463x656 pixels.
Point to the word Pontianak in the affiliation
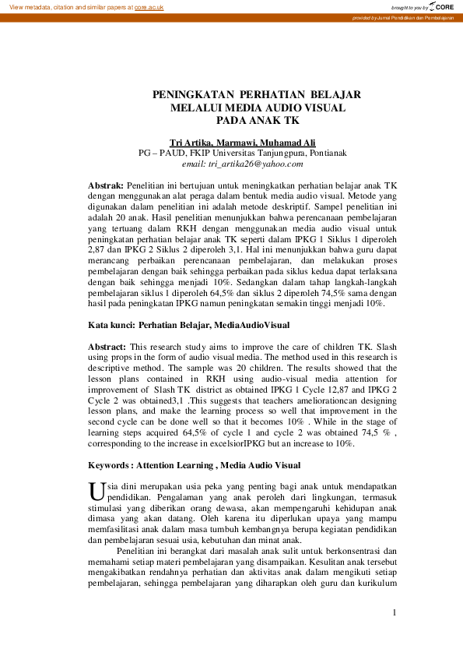coord(336,153)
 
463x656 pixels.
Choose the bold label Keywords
coord(110,465)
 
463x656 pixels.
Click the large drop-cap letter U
coord(97,491)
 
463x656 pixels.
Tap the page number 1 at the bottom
coord(395,612)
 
